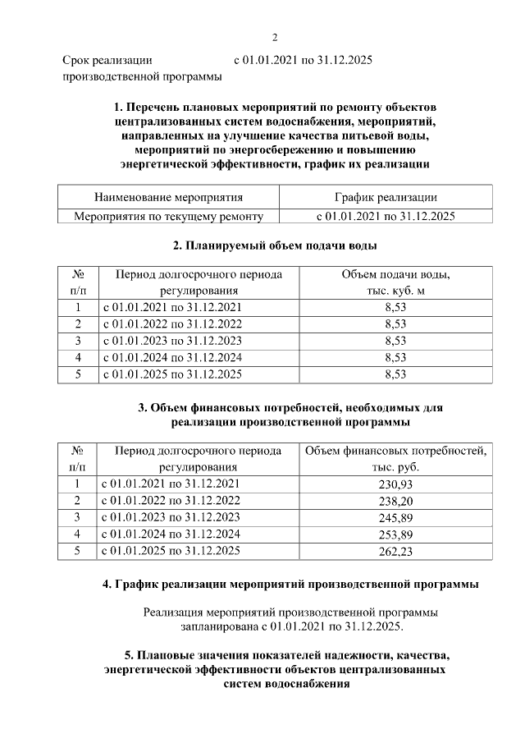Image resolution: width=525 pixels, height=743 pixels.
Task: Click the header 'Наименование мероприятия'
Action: [168, 197]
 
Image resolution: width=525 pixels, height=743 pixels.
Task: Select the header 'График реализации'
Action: [386, 197]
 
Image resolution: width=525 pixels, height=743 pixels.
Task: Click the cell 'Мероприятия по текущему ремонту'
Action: [168, 216]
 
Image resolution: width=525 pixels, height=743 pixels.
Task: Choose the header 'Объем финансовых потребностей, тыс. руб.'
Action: [395, 458]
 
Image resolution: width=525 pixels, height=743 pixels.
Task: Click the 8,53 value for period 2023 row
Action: [395, 340]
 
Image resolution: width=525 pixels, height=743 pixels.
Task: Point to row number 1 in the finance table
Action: [77, 484]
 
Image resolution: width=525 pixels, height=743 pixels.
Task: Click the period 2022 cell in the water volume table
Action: [171, 323]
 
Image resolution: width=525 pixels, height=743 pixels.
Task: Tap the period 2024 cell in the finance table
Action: [171, 534]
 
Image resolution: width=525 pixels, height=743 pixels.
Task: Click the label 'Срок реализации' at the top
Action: [107, 60]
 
